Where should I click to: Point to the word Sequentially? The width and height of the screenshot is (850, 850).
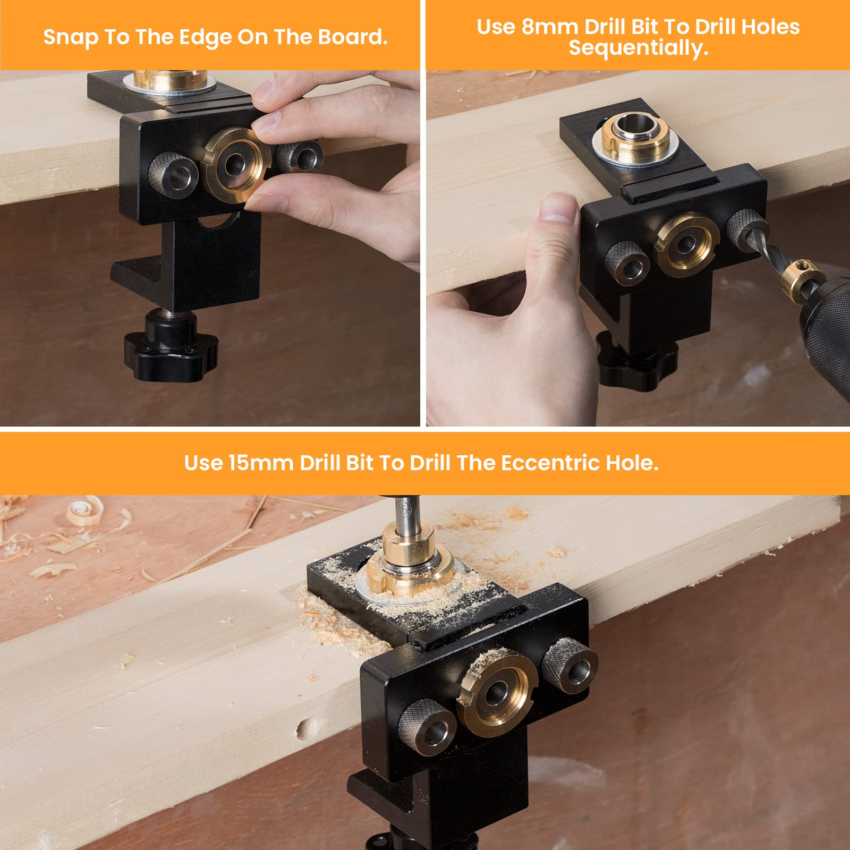[638, 48]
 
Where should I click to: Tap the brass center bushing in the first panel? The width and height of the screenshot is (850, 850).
[234, 165]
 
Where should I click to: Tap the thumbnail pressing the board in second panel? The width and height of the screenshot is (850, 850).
[557, 208]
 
